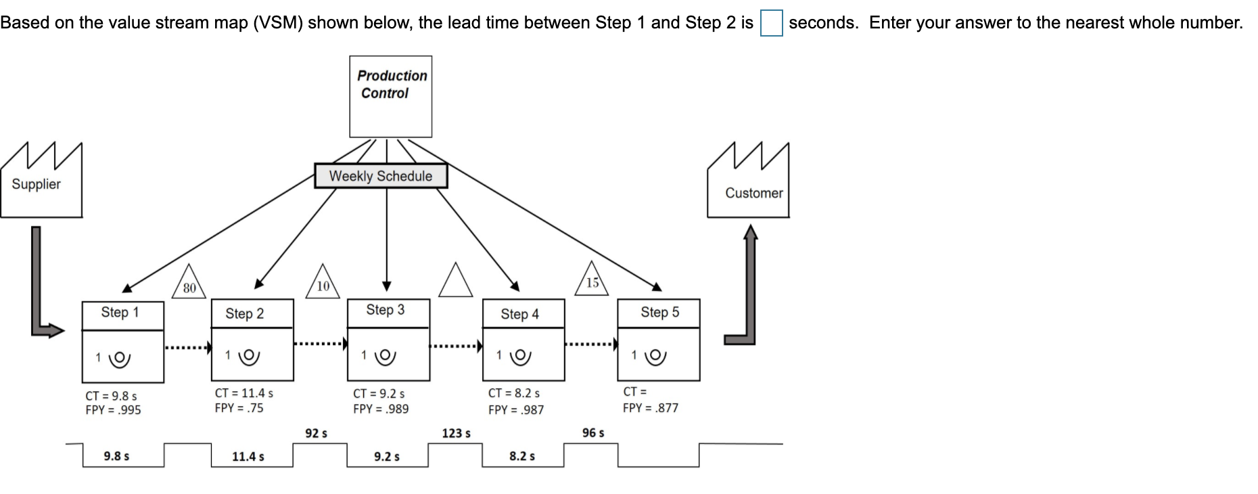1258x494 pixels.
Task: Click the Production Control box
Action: pos(390,96)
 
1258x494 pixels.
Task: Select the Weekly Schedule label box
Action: pos(381,176)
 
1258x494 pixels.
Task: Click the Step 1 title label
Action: pos(120,312)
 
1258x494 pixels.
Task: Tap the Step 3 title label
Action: pos(386,310)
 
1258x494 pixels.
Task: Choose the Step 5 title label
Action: pos(659,312)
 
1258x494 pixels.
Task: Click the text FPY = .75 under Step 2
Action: pos(239,408)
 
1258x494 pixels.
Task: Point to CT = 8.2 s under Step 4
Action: pos(514,393)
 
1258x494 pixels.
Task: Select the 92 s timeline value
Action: pos(316,433)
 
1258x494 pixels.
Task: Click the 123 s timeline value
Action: pos(456,433)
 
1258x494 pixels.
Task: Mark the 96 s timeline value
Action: pos(593,432)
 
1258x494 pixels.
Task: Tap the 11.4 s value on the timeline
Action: pos(248,457)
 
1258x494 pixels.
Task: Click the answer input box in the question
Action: pos(771,23)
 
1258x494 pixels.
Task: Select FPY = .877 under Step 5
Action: pos(650,408)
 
